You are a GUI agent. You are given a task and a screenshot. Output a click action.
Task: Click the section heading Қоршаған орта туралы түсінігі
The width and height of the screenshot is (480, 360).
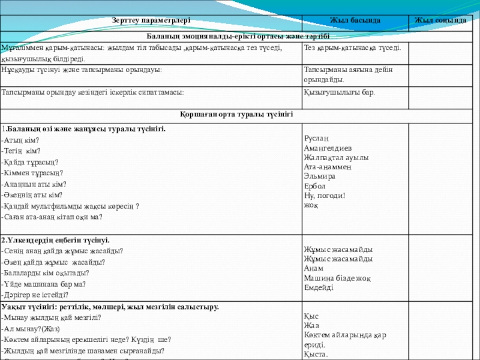click(x=239, y=114)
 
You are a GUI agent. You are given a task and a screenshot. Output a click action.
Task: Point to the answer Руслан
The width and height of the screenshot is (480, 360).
click(x=317, y=139)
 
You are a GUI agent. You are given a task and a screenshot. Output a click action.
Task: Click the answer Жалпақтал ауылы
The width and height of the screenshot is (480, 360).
click(x=337, y=157)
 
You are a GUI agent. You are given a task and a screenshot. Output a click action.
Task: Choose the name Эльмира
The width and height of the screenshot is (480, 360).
click(x=320, y=176)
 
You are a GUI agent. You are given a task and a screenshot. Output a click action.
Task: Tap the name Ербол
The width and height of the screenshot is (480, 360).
click(x=315, y=186)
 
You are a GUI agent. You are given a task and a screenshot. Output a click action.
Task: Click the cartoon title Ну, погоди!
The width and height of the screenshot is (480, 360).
click(x=325, y=195)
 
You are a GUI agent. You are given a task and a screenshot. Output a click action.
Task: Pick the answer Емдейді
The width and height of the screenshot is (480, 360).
click(x=319, y=287)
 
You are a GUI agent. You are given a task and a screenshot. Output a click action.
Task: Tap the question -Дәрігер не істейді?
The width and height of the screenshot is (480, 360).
click(x=35, y=295)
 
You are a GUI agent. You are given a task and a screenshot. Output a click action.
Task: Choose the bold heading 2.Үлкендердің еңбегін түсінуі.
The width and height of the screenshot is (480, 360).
click(x=55, y=240)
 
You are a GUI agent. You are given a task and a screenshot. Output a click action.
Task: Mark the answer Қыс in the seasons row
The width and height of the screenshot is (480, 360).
click(x=311, y=316)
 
